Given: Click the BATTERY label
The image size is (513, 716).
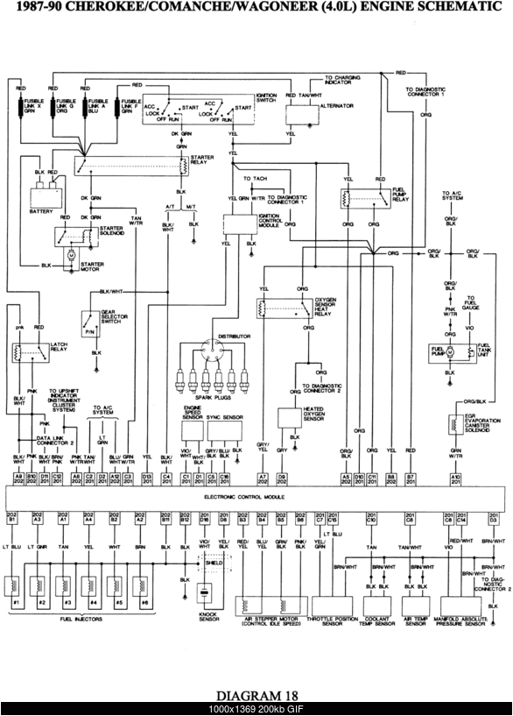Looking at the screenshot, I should [x=41, y=210].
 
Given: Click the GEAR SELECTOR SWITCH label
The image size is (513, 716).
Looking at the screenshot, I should [x=110, y=316].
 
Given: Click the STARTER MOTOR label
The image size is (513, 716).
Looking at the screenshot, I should [x=92, y=266].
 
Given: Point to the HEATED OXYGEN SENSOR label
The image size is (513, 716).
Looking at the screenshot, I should [x=316, y=415].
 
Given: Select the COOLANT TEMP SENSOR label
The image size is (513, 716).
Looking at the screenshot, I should [x=376, y=621].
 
